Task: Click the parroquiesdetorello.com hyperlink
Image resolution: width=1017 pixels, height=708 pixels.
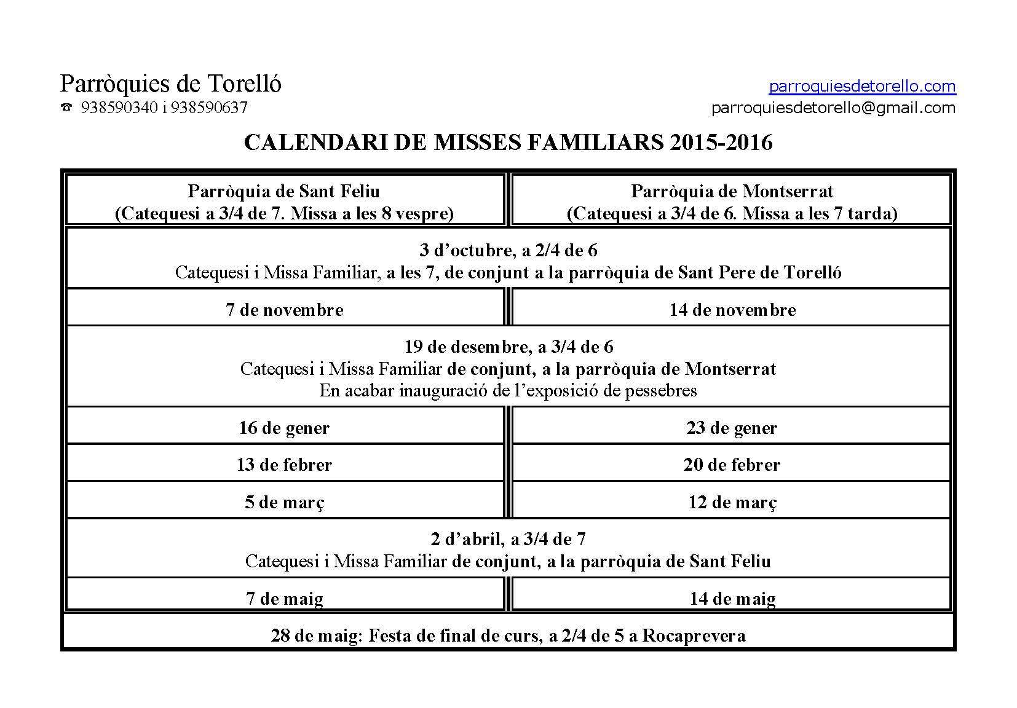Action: [x=862, y=86]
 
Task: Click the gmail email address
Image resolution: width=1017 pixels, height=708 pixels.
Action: [x=833, y=108]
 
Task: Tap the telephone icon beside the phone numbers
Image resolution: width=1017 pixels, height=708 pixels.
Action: [x=66, y=108]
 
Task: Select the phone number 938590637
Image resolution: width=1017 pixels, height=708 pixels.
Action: [x=209, y=108]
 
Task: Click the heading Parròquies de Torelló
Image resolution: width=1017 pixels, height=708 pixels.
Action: [x=170, y=84]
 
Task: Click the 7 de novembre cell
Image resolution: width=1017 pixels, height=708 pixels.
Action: [x=284, y=309]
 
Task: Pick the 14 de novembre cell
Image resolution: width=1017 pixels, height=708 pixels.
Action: [x=732, y=309]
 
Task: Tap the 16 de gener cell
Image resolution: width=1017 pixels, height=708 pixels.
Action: [x=284, y=427]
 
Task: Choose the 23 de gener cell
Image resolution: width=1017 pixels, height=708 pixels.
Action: [x=732, y=427]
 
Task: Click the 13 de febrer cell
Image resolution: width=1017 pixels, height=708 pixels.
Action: [x=284, y=464]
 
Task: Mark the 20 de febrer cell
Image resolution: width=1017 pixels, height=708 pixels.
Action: [x=732, y=464]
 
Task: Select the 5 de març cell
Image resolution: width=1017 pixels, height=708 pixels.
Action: [x=284, y=502]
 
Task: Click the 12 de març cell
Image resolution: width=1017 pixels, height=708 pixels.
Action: [x=732, y=502]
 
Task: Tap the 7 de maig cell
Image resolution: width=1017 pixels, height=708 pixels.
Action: [x=284, y=598]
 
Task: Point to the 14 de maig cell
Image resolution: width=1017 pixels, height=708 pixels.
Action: [x=732, y=598]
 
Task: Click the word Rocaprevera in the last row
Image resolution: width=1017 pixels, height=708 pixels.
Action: [x=694, y=635]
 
